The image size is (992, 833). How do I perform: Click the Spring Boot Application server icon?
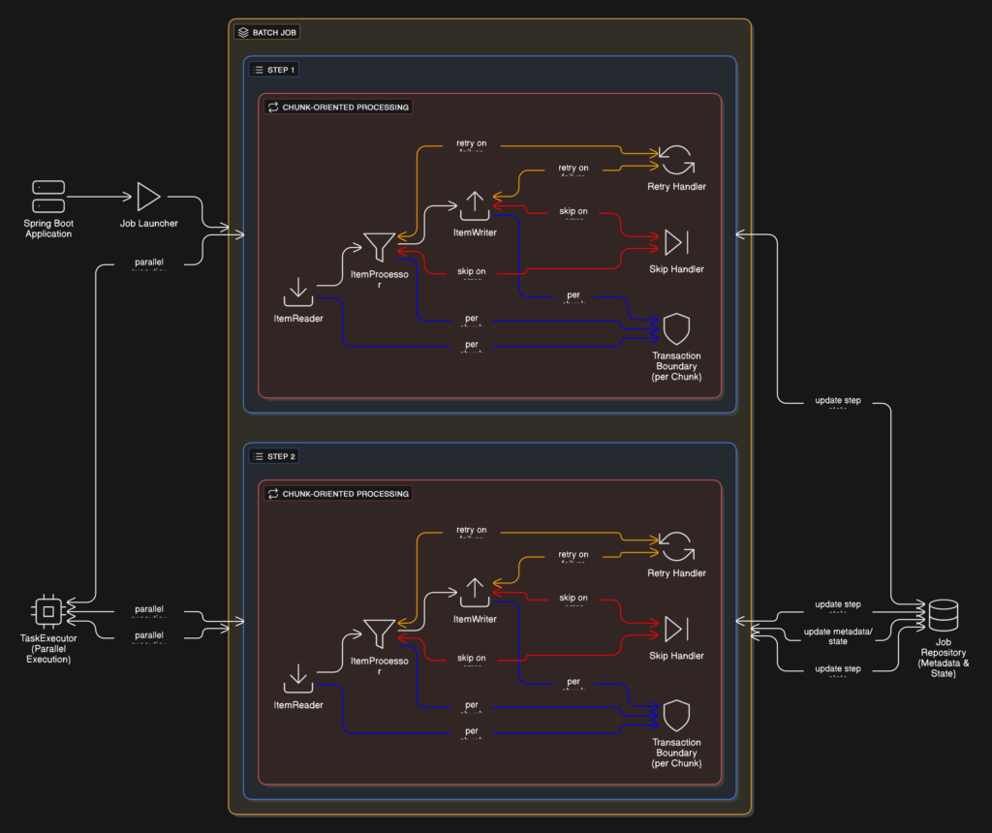coord(48,197)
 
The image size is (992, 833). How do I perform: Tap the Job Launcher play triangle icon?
coord(148,197)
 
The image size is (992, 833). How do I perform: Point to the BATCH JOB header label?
coord(267,32)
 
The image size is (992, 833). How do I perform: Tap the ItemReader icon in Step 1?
coord(298,292)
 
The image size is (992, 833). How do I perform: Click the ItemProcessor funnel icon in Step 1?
coord(379,247)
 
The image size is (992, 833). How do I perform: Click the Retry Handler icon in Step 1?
coord(675,159)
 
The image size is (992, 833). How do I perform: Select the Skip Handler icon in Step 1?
coord(675,242)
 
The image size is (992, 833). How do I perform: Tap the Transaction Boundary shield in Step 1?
coord(675,329)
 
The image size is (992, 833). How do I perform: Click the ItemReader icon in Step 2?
coord(298,678)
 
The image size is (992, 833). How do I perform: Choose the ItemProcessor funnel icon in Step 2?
coord(379,633)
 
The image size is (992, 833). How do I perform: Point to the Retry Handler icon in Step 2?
coord(675,545)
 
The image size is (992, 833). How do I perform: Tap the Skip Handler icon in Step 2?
coord(675,629)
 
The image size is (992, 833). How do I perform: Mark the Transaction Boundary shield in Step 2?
coord(675,716)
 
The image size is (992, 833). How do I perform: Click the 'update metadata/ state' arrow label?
coord(838,636)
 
